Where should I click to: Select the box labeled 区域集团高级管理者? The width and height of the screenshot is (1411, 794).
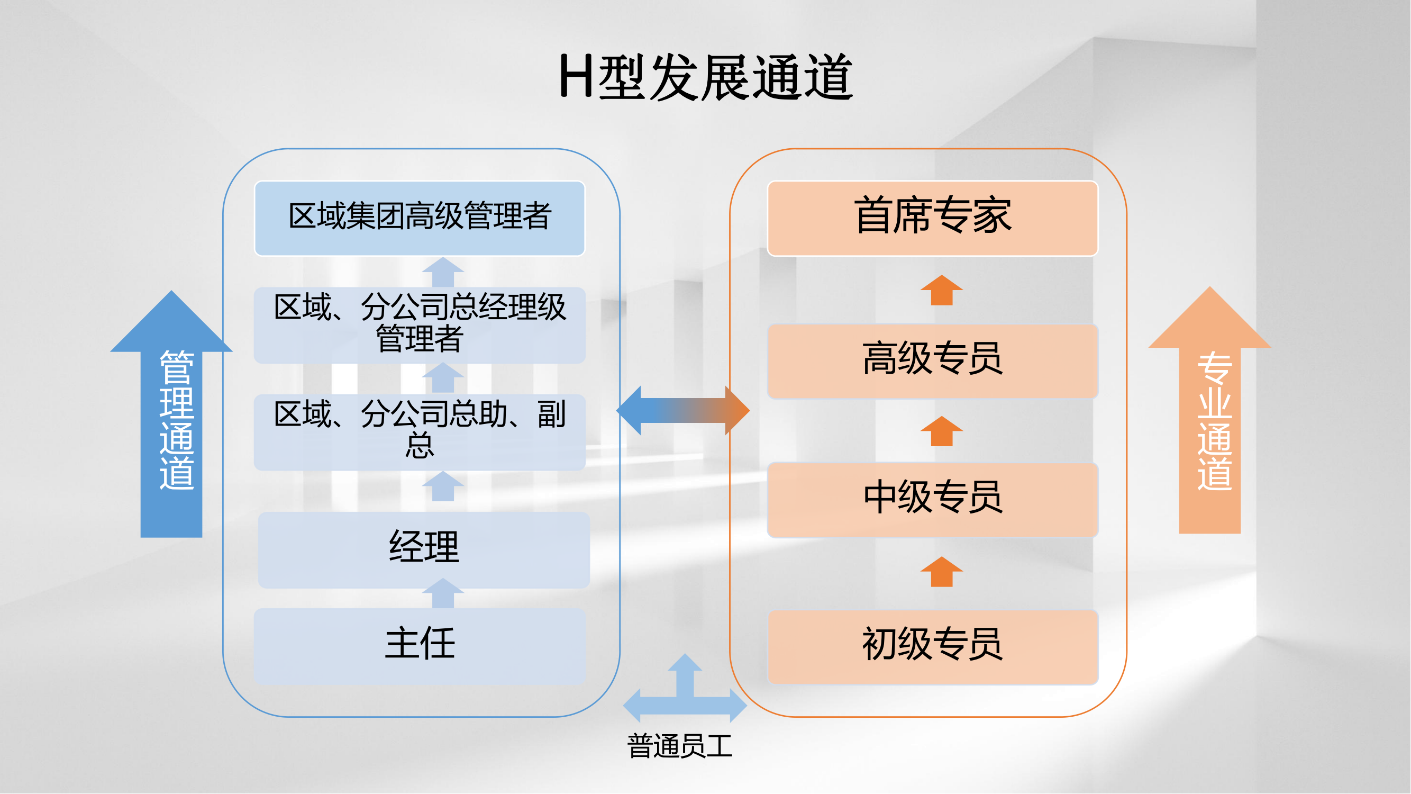(420, 218)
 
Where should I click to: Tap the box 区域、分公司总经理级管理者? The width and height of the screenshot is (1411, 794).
(420, 325)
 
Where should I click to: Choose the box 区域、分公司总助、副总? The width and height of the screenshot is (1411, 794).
(420, 432)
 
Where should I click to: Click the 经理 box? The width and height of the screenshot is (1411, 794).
(424, 549)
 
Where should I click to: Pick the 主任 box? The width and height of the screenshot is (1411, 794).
(420, 645)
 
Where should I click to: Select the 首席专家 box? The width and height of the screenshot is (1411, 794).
(933, 218)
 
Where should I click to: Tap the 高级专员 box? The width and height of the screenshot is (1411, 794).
(933, 360)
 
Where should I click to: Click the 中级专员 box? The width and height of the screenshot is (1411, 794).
(933, 499)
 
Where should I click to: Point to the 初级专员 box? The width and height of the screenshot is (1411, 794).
(933, 647)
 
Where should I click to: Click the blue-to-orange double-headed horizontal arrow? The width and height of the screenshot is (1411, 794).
(683, 410)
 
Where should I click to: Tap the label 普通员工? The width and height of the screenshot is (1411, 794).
(680, 746)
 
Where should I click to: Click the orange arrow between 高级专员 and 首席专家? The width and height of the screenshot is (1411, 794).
(942, 290)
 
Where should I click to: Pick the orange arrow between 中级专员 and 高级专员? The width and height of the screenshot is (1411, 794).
(942, 431)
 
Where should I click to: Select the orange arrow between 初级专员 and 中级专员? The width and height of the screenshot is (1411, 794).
(942, 572)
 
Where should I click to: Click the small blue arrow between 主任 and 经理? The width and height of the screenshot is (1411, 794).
(443, 593)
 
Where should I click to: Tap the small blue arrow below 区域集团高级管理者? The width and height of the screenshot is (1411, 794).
(443, 272)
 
